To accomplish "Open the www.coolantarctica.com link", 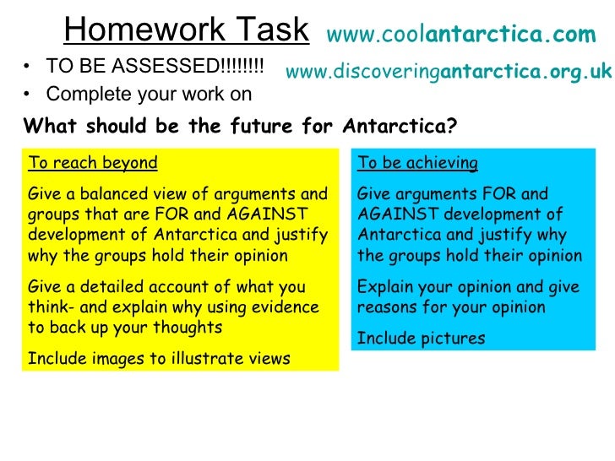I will click(x=460, y=35).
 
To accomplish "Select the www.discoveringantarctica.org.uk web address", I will click(x=449, y=73).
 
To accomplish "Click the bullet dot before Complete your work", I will click(x=30, y=94).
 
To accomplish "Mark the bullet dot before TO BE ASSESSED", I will click(x=30, y=67).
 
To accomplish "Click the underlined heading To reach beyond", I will click(x=93, y=163).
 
